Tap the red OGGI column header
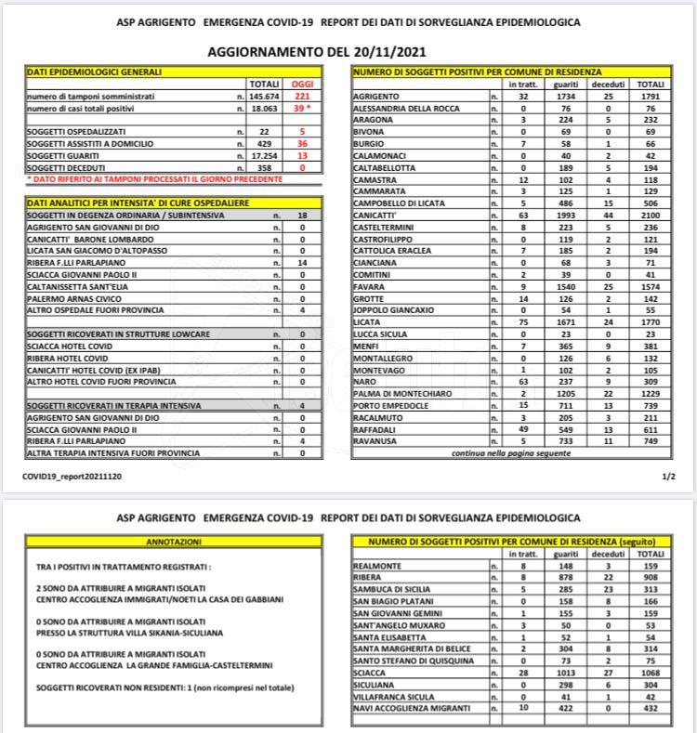tap(303, 84)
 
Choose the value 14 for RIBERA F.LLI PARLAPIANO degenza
tap(301, 263)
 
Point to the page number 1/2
tap(668, 475)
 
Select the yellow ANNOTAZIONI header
tap(175, 541)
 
